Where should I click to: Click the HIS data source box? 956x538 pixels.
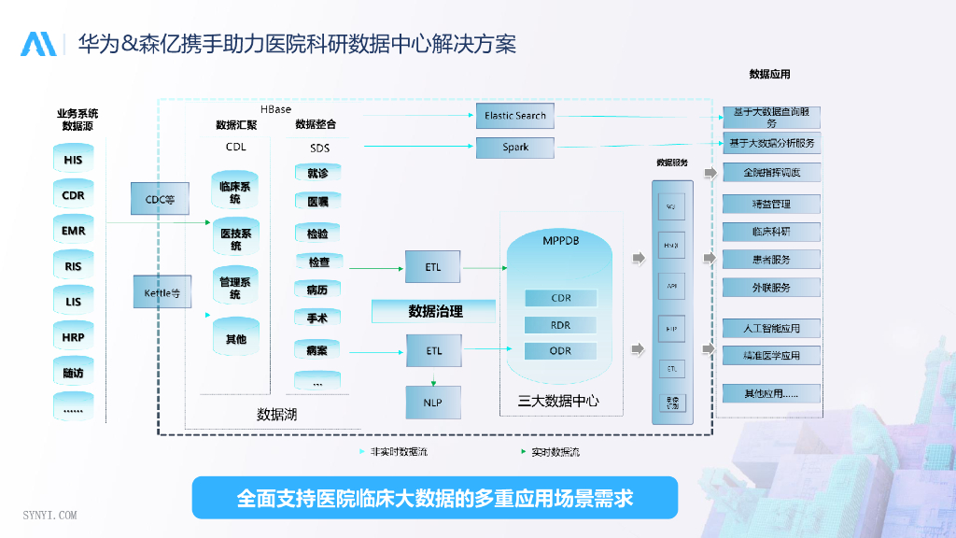tap(74, 160)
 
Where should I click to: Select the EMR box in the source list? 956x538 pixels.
tap(74, 231)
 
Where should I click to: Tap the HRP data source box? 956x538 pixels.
tap(74, 337)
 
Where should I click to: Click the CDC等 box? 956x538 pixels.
tap(160, 199)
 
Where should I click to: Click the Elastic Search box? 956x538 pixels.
tap(515, 116)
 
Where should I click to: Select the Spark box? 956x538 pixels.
tap(515, 148)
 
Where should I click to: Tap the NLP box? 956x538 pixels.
tap(433, 402)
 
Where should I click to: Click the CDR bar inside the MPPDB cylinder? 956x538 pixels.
tap(560, 298)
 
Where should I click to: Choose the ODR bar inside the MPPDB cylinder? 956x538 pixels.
tap(560, 351)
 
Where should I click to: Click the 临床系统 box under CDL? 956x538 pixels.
tap(235, 192)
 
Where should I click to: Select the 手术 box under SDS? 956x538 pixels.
tap(317, 319)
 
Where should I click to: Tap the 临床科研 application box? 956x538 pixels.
tap(771, 231)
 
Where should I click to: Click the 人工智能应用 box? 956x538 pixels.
tap(771, 328)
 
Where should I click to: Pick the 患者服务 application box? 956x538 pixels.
tap(771, 260)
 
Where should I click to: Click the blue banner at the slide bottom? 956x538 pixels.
tap(434, 498)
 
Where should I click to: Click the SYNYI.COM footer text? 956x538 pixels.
tap(49, 515)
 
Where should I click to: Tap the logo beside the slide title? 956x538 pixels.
tap(38, 44)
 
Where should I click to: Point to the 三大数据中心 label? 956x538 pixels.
tap(558, 402)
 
